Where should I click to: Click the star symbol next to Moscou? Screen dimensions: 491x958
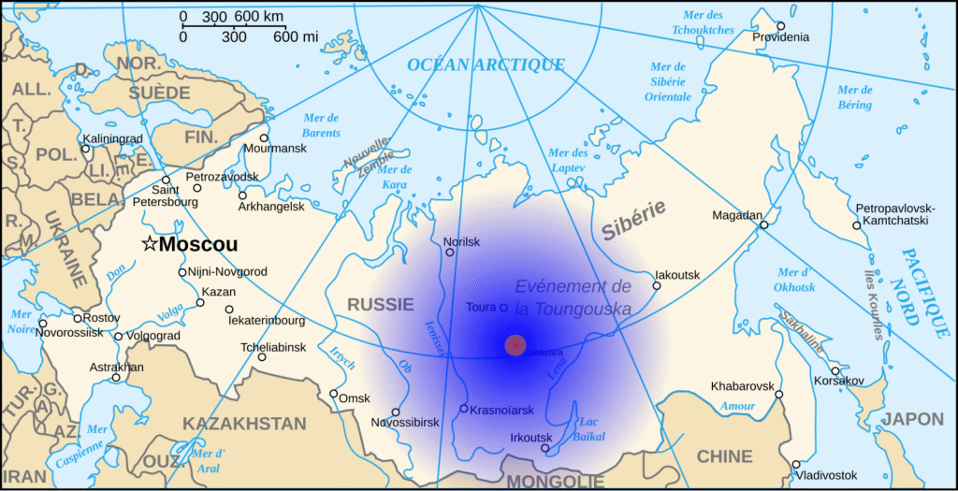pyautogui.click(x=149, y=244)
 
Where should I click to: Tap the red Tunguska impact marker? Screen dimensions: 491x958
pyautogui.click(x=515, y=344)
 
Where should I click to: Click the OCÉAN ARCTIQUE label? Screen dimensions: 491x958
pyautogui.click(x=486, y=65)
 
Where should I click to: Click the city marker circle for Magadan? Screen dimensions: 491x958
pyautogui.click(x=763, y=224)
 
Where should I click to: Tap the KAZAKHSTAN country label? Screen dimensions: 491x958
pyautogui.click(x=244, y=424)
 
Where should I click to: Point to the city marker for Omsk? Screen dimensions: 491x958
pyautogui.click(x=333, y=394)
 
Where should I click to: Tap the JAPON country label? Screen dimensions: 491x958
pyautogui.click(x=913, y=419)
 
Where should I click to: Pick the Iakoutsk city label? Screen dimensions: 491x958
pyautogui.click(x=676, y=274)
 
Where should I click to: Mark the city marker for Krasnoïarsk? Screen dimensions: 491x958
pyautogui.click(x=463, y=408)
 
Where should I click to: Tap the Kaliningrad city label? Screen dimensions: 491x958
pyautogui.click(x=112, y=138)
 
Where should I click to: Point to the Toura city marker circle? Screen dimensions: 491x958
pyautogui.click(x=503, y=307)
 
